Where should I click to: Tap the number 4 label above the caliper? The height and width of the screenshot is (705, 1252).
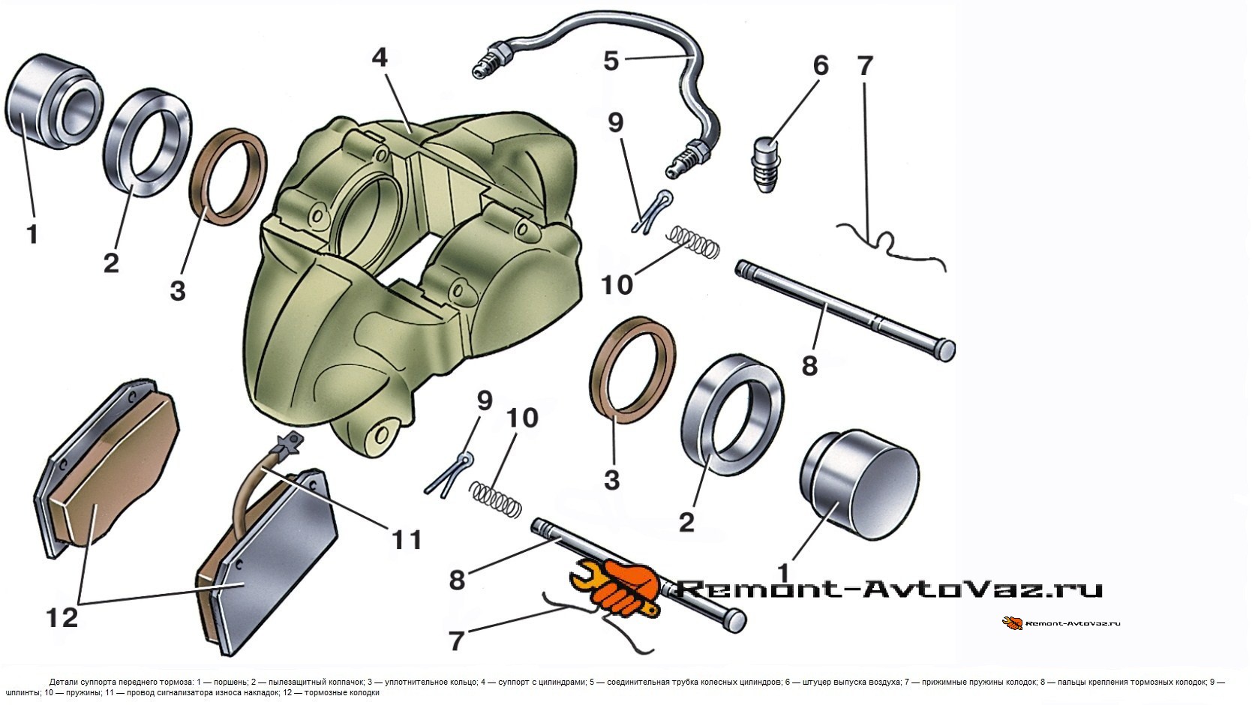(380, 58)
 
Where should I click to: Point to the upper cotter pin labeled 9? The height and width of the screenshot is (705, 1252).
(650, 212)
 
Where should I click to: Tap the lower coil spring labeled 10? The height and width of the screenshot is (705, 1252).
(495, 498)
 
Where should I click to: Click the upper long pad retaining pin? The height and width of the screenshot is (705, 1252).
(844, 308)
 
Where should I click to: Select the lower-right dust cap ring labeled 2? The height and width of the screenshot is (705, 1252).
(734, 415)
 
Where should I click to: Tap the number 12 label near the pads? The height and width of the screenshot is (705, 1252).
(62, 618)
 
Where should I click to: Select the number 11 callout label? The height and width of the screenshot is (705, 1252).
(406, 539)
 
